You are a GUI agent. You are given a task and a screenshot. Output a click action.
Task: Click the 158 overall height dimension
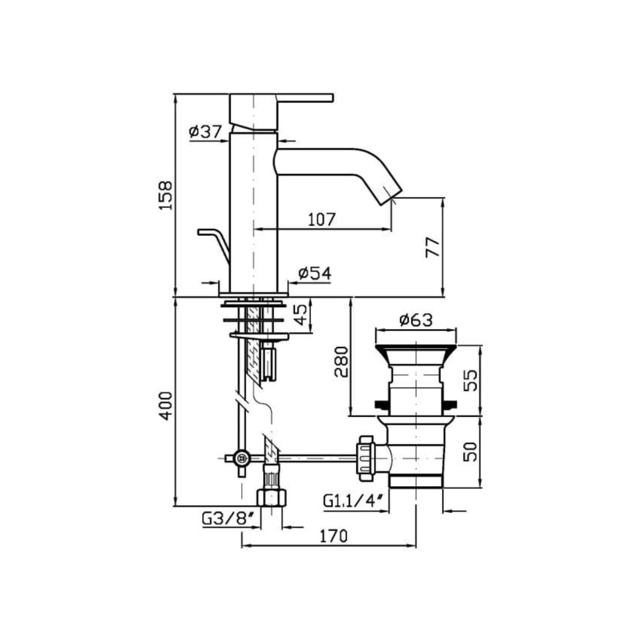click(166, 196)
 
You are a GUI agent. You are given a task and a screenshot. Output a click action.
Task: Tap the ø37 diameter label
click(205, 132)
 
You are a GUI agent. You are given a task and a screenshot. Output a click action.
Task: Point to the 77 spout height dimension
click(432, 247)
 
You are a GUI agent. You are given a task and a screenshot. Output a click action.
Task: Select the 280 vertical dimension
click(341, 362)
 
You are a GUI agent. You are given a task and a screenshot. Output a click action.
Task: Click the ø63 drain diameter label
click(416, 320)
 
